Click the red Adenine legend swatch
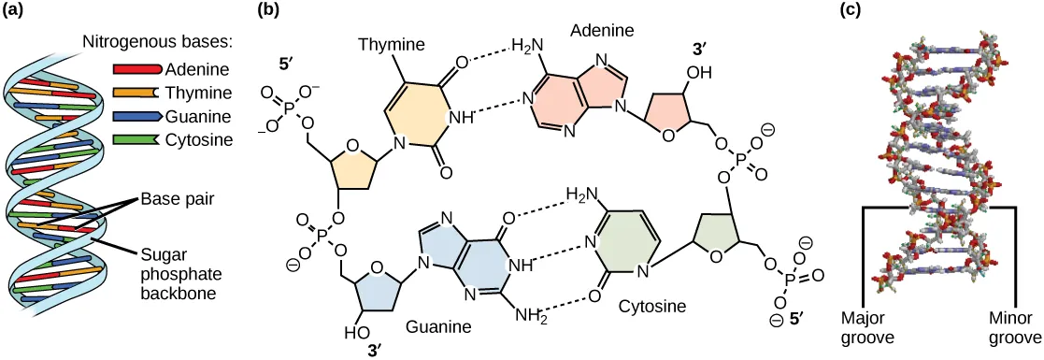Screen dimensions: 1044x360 [136, 69]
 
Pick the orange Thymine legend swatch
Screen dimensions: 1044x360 [136, 93]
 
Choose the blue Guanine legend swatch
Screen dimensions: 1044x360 [136, 117]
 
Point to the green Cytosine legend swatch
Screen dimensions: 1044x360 [136, 140]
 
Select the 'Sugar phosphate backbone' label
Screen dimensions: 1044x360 [178, 273]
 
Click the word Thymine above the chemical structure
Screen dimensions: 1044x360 [392, 43]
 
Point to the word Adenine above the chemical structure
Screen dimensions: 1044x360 [602, 31]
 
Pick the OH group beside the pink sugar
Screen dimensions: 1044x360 [700, 71]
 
